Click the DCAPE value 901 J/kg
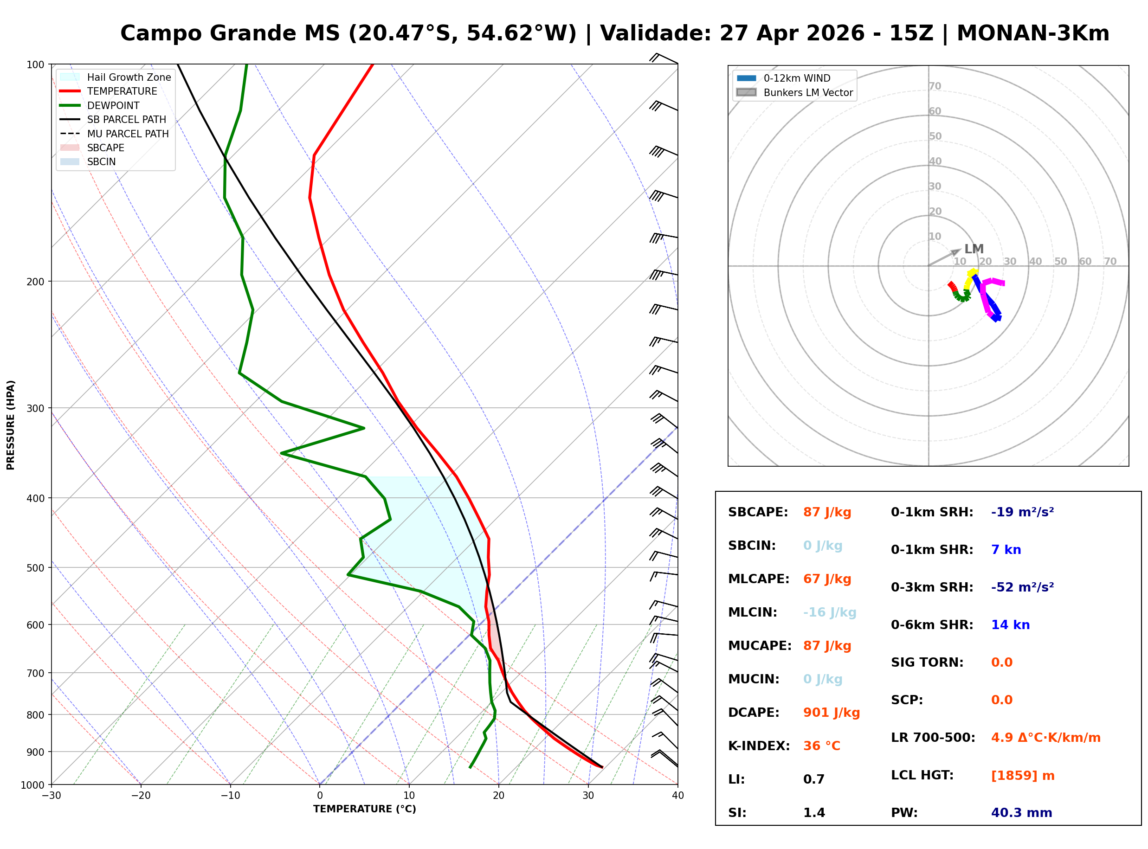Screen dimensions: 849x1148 [x=831, y=712]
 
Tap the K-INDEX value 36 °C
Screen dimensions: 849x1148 [x=821, y=746]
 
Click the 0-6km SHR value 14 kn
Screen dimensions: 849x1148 [x=1010, y=624]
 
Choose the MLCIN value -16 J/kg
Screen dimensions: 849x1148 [x=829, y=612]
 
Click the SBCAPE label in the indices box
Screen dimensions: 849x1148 [x=757, y=512]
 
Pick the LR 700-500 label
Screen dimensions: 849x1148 [x=932, y=738]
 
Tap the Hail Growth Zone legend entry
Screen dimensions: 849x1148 [x=129, y=77]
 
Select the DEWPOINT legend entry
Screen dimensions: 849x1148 [x=113, y=105]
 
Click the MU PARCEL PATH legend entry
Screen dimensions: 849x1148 [x=128, y=134]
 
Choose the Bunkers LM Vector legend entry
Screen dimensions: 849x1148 [x=807, y=92]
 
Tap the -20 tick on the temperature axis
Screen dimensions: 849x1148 [x=141, y=796]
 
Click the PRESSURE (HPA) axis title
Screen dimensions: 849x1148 [x=10, y=424]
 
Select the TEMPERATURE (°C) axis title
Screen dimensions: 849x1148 [x=364, y=809]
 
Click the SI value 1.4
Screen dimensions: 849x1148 [x=813, y=812]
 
